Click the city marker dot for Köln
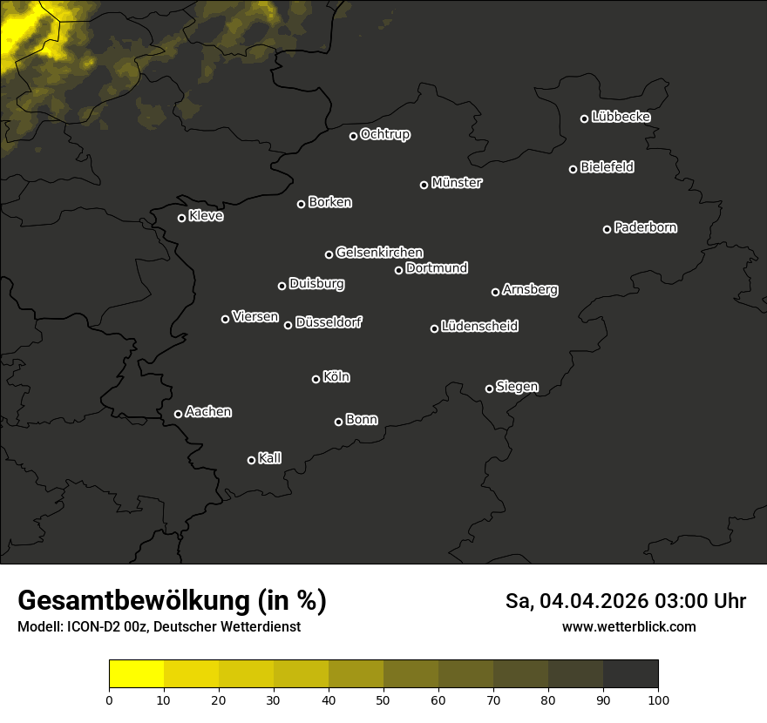coord(316,379)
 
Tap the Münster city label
coord(456,183)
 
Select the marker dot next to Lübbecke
coord(584,118)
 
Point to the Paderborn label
coord(645,227)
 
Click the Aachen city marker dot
coord(178,414)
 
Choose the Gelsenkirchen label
coord(379,253)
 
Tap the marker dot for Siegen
coord(489,389)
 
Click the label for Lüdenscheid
coord(479,327)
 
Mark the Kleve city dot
coord(181,218)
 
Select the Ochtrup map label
coord(384,134)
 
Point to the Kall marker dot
coord(251,460)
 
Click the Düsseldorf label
coord(329,322)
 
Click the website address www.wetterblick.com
coord(628,626)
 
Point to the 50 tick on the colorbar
coord(383,699)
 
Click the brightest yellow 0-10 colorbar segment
coord(137,674)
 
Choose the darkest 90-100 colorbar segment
coord(630,674)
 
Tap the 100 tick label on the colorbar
coord(658,699)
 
